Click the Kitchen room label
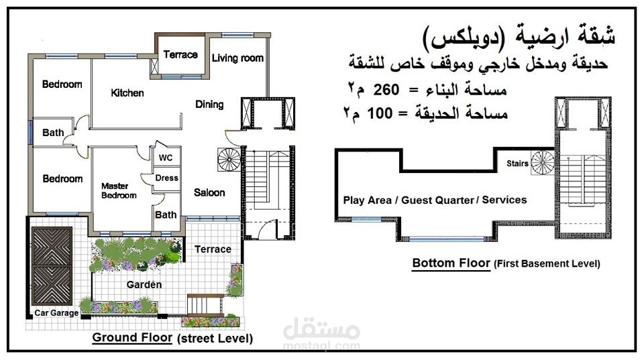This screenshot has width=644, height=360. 127,93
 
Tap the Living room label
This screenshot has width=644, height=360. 237,58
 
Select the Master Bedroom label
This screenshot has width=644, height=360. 119,191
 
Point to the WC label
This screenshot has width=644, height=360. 166,158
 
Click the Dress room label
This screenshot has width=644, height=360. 167,178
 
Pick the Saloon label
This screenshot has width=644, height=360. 209,192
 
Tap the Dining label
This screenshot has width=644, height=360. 209,105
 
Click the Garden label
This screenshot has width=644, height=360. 144,284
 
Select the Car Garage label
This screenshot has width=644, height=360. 56,313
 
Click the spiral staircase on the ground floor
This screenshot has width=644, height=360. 229,160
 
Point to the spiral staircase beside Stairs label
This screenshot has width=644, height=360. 543,163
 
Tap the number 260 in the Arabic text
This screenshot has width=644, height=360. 386,89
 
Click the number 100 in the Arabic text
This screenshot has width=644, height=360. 380,113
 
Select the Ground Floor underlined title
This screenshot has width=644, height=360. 132,338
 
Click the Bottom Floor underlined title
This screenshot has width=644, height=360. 451,263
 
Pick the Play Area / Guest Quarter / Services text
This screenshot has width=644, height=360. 435,200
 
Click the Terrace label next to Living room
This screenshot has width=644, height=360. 180,54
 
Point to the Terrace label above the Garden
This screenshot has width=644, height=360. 213,249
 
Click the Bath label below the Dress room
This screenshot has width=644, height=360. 166,215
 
